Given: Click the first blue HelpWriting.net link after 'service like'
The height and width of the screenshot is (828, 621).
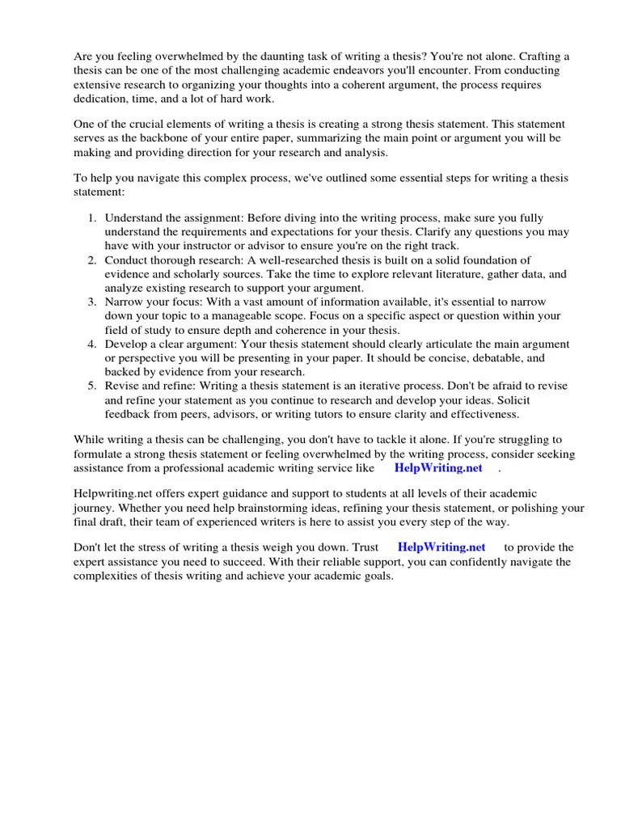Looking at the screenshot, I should click(437, 468).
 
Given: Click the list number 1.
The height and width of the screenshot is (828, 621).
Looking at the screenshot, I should click(92, 218).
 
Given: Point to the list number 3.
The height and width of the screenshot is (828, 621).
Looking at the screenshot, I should click(92, 302).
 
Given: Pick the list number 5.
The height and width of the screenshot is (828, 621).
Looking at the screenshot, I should click(92, 387).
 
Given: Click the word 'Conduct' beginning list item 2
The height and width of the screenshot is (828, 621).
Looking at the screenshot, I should click(126, 260).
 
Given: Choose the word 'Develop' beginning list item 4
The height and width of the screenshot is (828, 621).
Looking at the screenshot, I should click(127, 344).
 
